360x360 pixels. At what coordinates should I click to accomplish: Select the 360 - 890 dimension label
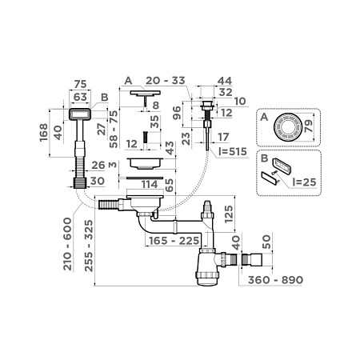[312, 282]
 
